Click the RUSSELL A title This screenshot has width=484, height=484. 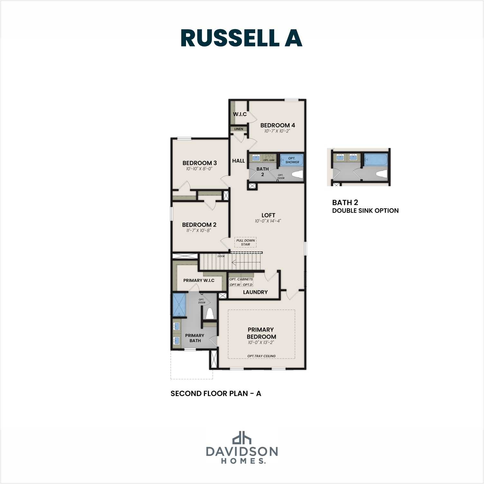click(241, 38)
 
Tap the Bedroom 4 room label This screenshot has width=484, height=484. click(277, 125)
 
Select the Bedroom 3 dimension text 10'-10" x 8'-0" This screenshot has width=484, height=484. click(199, 169)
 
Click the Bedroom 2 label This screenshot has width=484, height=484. click(199, 225)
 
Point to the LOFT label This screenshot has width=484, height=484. click(268, 215)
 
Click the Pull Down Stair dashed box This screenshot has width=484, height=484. click(246, 242)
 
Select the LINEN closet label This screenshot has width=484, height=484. click(239, 129)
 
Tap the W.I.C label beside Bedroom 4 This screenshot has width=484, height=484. click(240, 114)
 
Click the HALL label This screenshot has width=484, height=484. click(238, 161)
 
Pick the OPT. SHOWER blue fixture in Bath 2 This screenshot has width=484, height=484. click(292, 160)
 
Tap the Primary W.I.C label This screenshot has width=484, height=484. click(199, 280)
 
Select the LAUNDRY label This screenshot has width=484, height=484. click(255, 292)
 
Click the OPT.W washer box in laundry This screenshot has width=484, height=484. click(235, 285)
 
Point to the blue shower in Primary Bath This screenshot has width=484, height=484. click(179, 304)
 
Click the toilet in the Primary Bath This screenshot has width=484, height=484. click(210, 313)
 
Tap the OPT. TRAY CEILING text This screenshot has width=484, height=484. click(261, 356)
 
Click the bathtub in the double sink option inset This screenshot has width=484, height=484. click(376, 159)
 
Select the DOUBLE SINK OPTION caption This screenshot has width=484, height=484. click(365, 211)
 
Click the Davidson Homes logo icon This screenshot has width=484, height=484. click(242, 438)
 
